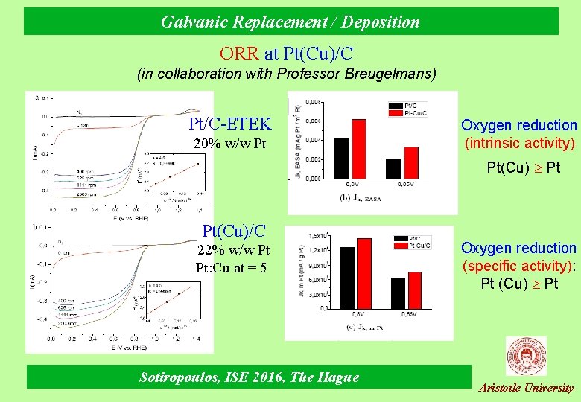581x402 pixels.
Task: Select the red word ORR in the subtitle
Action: (238, 54)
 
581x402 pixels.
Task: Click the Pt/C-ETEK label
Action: (230, 124)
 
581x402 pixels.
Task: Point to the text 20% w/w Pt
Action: (229, 143)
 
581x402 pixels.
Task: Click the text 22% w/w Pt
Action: (233, 250)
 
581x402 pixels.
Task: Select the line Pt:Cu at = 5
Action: (232, 267)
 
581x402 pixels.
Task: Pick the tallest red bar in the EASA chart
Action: (359, 149)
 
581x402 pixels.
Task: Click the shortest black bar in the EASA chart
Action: (393, 168)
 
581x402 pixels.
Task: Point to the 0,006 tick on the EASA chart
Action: (314, 120)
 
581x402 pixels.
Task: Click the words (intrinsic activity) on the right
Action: (520, 143)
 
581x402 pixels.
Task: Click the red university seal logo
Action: (526, 357)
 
